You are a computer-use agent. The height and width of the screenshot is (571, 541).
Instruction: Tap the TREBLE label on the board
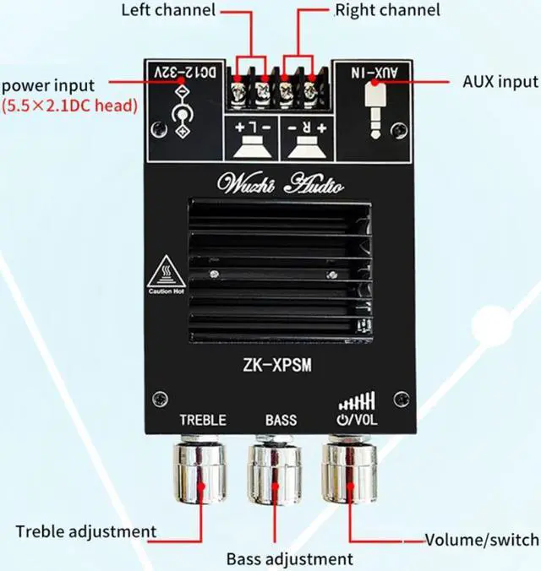tap(203, 419)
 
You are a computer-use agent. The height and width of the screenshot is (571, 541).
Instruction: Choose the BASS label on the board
tap(281, 419)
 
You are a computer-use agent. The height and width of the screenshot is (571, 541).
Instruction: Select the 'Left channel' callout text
tap(168, 11)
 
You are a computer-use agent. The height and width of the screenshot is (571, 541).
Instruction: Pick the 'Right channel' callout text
tap(387, 11)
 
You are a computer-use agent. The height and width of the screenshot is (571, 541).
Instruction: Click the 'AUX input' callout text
tap(500, 82)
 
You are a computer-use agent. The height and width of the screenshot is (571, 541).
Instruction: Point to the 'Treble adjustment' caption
tap(86, 531)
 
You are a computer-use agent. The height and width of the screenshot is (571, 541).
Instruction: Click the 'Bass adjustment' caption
tap(289, 558)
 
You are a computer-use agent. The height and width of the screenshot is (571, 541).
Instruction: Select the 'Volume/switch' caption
tap(481, 540)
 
